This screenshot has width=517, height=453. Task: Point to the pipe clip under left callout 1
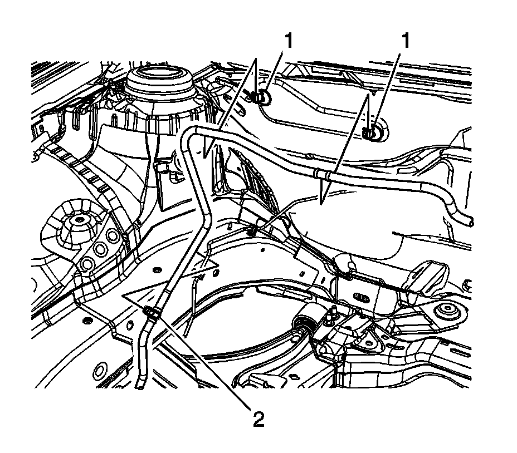tap(260, 98)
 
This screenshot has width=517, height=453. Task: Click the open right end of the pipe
tap(471, 221)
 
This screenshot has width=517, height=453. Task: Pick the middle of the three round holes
tap(100, 249)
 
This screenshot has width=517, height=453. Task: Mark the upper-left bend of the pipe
tap(189, 134)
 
